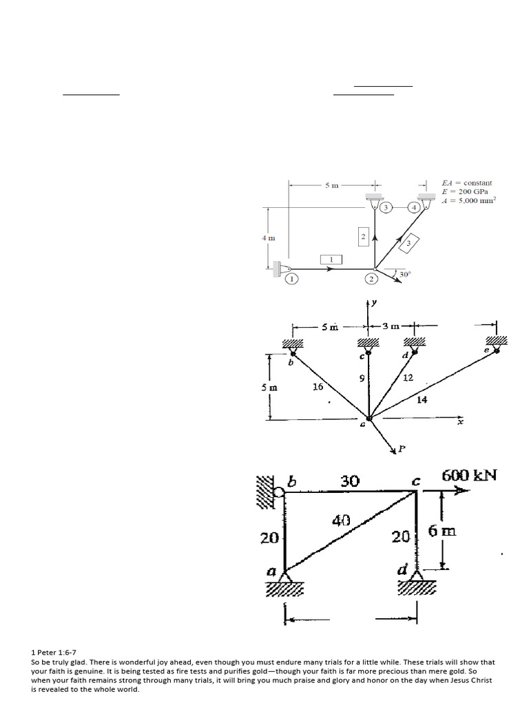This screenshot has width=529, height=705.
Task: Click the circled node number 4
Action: [415, 207]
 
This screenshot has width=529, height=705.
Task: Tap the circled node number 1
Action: [291, 279]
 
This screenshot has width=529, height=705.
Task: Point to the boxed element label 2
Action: [363, 237]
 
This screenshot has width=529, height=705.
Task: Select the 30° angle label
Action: [405, 273]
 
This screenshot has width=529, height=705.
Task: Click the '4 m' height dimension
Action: [268, 238]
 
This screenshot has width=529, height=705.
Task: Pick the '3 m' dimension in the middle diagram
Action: [391, 326]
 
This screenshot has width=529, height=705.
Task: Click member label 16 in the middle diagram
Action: [318, 387]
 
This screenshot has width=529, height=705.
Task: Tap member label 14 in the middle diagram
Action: [422, 399]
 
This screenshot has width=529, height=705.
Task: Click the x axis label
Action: [461, 422]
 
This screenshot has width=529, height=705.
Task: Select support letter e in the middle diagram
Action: [486, 350]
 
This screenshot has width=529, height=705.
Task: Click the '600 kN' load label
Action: [471, 476]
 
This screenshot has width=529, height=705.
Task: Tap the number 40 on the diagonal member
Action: [341, 521]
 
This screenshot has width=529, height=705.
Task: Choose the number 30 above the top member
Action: [350, 481]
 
